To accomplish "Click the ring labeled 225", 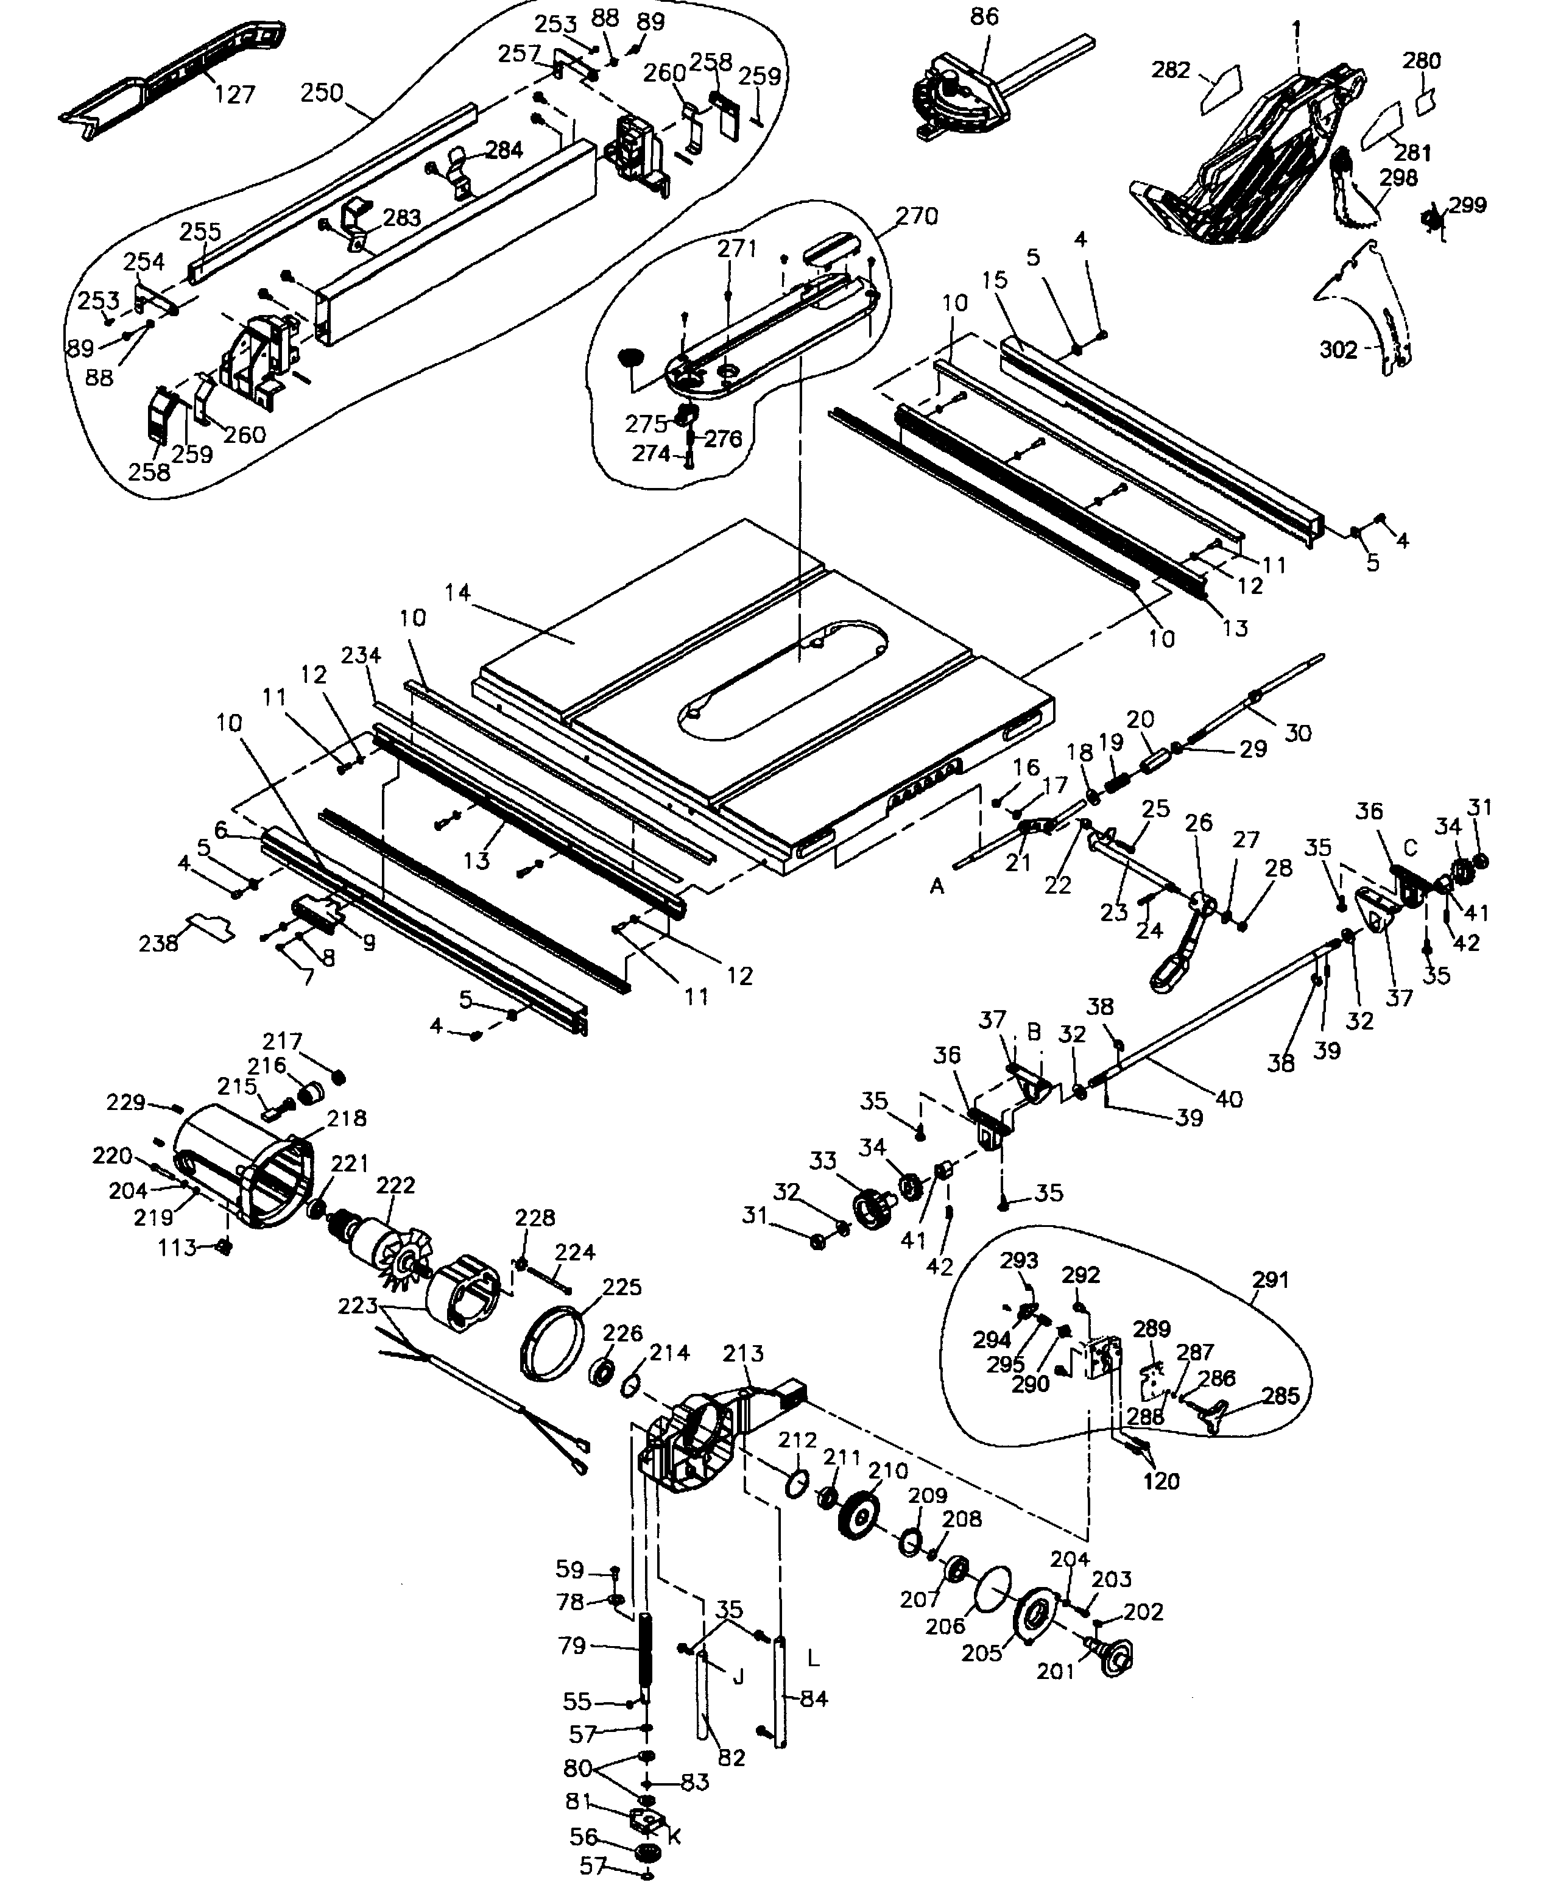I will [551, 1344].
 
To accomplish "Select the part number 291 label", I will [1270, 1280].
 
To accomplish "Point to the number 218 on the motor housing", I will [346, 1118].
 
